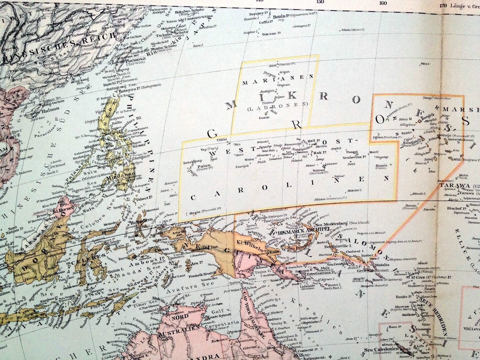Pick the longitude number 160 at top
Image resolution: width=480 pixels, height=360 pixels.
tap(383, 3)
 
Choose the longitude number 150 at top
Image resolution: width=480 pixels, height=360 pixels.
tap(320, 2)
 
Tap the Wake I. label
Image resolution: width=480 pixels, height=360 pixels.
tap(424, 64)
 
